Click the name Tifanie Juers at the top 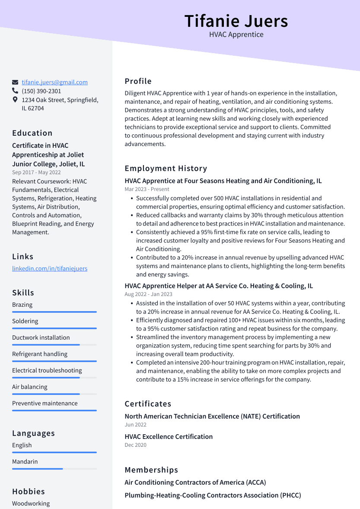pos(236,21)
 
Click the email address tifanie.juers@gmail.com pos(54,82)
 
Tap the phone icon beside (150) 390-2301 pos(15,91)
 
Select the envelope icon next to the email pos(15,82)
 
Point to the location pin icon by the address pos(15,100)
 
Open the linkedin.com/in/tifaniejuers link pos(50,268)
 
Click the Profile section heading pos(138,81)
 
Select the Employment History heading pos(166,169)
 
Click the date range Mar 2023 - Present pos(147,189)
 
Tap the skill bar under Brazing pos(54,312)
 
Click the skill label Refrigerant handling pos(40,354)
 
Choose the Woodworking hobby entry pos(31,503)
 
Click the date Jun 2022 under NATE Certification pos(135,425)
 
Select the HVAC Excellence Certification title pos(169,436)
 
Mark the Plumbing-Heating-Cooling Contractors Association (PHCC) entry pos(213,495)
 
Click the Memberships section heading pos(151,470)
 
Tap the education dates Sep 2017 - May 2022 pos(36,172)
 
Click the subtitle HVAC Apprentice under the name pos(236,35)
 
